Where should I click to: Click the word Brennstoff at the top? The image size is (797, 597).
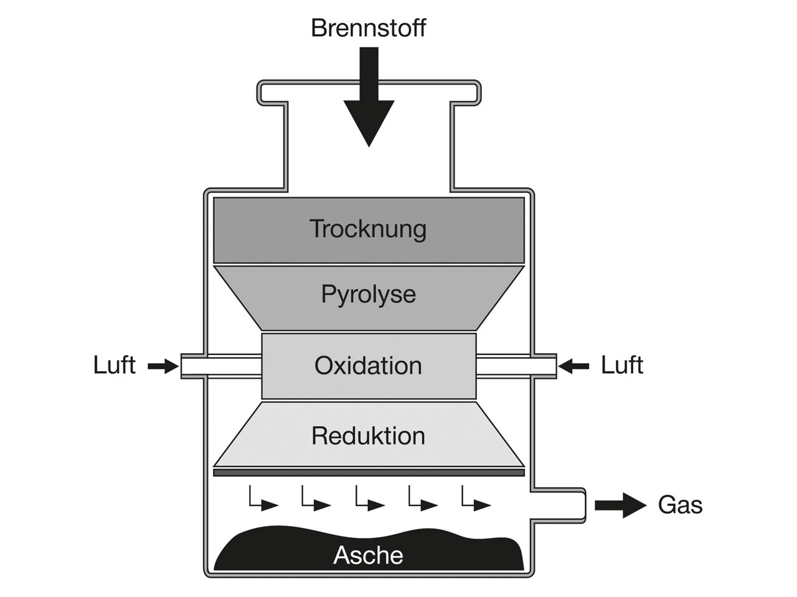[x=368, y=29]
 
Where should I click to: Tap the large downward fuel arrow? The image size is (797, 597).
[x=369, y=99]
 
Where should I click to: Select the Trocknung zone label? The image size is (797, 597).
[x=368, y=229]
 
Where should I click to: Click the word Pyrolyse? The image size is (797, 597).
[x=368, y=294]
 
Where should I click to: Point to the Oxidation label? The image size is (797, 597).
[x=368, y=365]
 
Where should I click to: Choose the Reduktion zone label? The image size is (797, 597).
[x=368, y=436]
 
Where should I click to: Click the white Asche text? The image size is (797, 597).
[x=368, y=555]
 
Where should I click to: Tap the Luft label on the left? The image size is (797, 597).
[x=114, y=365]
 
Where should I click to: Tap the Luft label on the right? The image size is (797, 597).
[x=621, y=365]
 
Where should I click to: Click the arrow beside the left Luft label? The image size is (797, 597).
[x=163, y=367]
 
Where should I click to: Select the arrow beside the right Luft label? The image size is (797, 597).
[x=573, y=367]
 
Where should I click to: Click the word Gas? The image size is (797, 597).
[x=680, y=505]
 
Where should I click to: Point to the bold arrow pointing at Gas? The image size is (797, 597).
[x=620, y=505]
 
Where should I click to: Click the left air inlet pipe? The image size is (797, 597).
[x=220, y=366]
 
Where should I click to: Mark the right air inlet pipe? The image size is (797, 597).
[x=516, y=366]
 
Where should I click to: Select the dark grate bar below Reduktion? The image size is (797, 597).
[x=369, y=473]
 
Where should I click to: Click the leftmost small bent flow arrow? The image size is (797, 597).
[x=263, y=499]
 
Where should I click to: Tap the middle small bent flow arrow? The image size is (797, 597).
[x=369, y=499]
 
